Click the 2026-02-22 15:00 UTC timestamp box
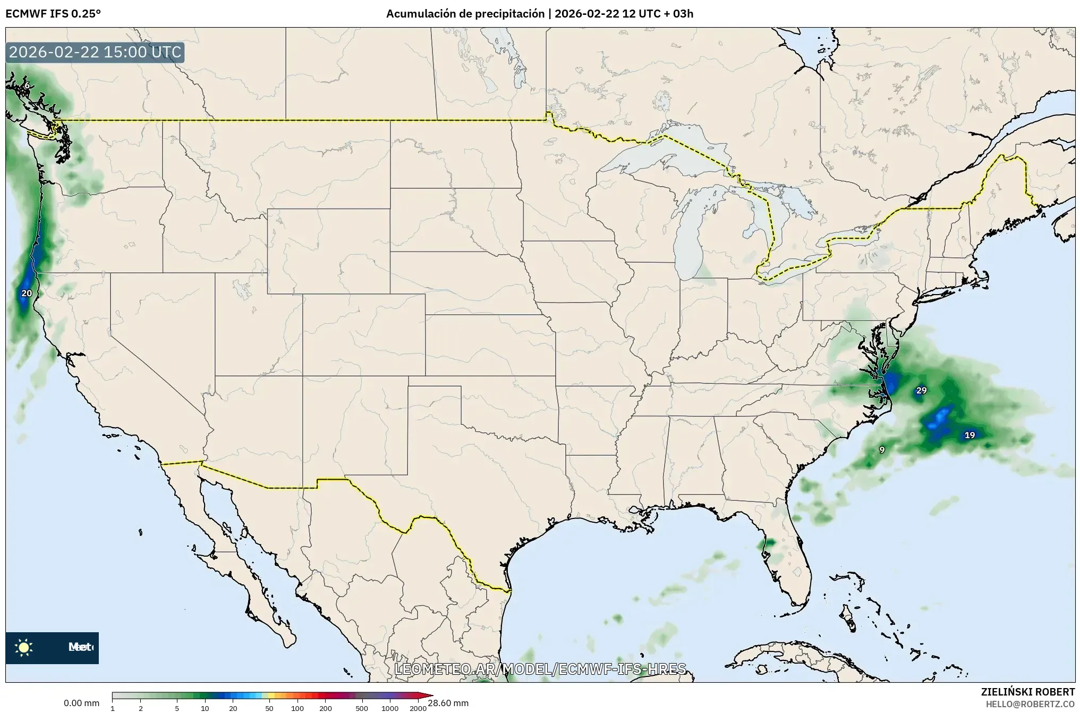tap(95, 52)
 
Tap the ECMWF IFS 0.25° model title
tap(53, 14)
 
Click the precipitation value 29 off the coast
tap(921, 390)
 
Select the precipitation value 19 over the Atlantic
tap(970, 435)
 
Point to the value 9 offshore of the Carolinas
tap(882, 450)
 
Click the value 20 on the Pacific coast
tap(27, 293)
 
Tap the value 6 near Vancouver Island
tap(27, 85)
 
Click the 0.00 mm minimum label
tap(81, 703)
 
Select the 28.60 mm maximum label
tap(448, 703)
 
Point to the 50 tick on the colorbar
tap(269, 708)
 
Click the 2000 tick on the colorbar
tap(418, 708)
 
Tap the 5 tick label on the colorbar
tap(177, 708)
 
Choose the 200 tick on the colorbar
tap(326, 708)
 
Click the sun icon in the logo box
tap(24, 647)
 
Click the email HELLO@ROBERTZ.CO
tap(1030, 704)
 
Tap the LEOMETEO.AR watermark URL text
tap(540, 669)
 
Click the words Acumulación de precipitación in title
tap(465, 14)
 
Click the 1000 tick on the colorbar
tap(390, 708)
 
